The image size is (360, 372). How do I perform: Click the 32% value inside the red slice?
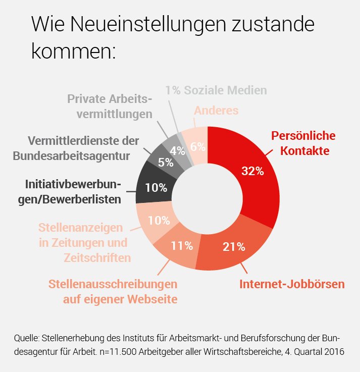[252, 171]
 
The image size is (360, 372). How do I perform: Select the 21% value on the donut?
[234, 247]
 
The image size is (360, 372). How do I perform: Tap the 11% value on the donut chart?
[182, 246]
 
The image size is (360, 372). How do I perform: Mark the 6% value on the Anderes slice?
[197, 147]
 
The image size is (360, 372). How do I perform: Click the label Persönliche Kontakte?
[303, 143]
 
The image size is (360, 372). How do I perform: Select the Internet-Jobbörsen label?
[292, 284]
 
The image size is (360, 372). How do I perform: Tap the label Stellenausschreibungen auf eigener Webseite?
[113, 291]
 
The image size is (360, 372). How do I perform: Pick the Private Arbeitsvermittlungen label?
[110, 106]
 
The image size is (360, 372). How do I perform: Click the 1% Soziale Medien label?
[216, 91]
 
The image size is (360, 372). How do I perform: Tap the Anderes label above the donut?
[216, 111]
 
